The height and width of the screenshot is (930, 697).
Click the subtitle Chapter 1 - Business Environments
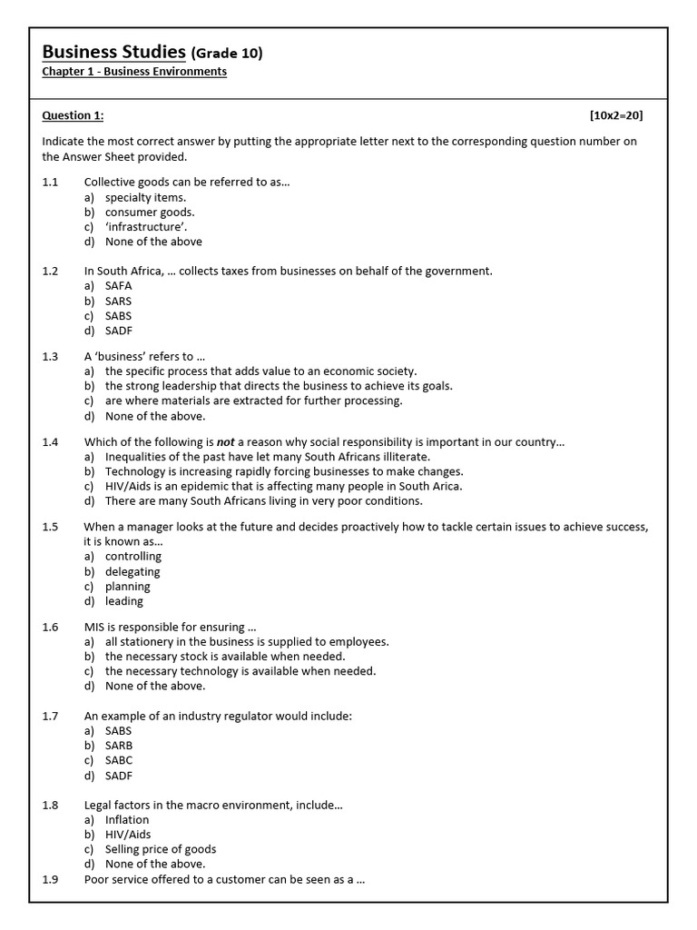[134, 72]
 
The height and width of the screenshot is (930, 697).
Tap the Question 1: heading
[73, 115]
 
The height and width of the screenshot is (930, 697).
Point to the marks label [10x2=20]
[616, 115]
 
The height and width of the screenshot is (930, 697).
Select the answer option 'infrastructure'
[146, 227]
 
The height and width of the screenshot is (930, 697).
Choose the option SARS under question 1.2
[118, 301]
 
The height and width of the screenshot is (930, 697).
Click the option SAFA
[118, 285]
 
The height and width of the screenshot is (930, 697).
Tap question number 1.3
[50, 356]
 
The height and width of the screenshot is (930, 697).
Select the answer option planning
[127, 586]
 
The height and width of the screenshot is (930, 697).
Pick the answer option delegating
[133, 571]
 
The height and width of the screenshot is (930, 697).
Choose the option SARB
[118, 746]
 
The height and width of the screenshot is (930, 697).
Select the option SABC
[118, 760]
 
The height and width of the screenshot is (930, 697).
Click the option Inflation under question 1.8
[127, 819]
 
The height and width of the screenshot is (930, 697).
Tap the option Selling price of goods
[161, 849]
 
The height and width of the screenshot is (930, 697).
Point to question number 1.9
[50, 879]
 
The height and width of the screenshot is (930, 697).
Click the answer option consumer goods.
[150, 213]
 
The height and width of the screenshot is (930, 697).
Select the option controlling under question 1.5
[133, 556]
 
